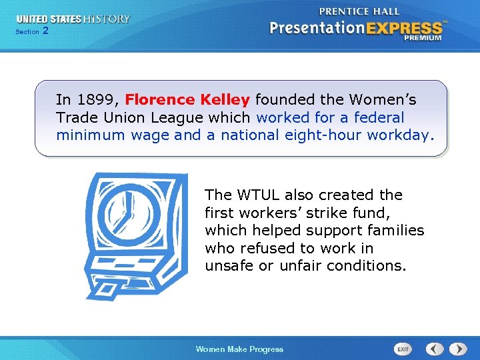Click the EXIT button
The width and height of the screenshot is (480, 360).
tap(403, 349)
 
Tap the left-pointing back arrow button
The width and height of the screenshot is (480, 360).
tap(435, 349)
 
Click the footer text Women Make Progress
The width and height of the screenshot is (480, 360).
tap(239, 349)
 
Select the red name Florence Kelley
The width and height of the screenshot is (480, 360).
tap(187, 100)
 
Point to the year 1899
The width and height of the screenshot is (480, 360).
tap(99, 100)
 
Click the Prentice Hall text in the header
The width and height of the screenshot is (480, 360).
tap(359, 11)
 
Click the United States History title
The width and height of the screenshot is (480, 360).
tap(73, 19)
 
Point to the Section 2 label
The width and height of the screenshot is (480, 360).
tap(31, 31)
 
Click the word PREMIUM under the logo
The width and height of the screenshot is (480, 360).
tap(422, 39)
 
